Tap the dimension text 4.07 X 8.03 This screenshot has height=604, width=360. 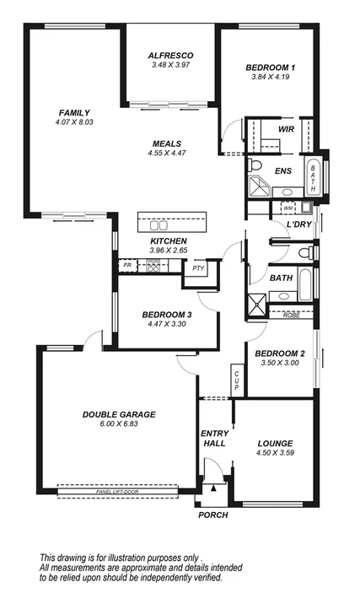click(74, 122)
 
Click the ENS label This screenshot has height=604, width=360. click(283, 170)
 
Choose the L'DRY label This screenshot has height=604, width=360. click(298, 224)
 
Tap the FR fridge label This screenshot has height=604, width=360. click(127, 265)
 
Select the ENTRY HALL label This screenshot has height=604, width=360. click(214, 440)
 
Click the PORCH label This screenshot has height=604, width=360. click(212, 515)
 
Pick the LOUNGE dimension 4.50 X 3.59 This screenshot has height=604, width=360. click(276, 453)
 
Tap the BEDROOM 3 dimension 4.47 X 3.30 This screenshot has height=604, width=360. click(166, 324)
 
